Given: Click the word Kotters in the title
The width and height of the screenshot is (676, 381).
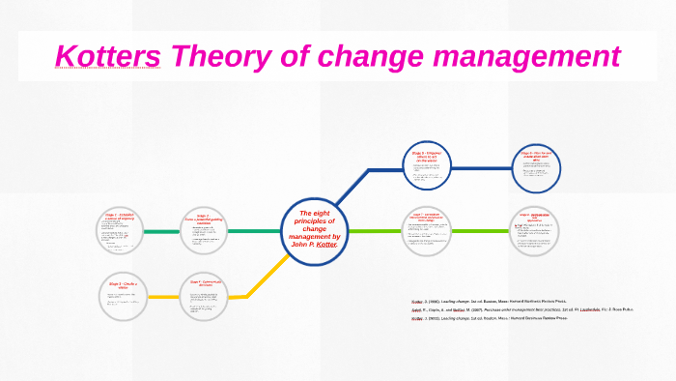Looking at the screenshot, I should (x=108, y=57).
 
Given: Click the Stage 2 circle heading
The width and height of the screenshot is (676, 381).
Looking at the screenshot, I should (x=203, y=220).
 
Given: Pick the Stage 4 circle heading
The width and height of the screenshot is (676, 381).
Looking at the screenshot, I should (x=203, y=283).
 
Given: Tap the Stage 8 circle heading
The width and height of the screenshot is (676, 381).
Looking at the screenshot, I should (x=537, y=217).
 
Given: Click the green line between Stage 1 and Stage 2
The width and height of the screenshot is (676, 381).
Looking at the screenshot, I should (x=162, y=232).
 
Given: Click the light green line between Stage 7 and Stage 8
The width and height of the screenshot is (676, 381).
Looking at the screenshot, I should (x=482, y=231).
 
